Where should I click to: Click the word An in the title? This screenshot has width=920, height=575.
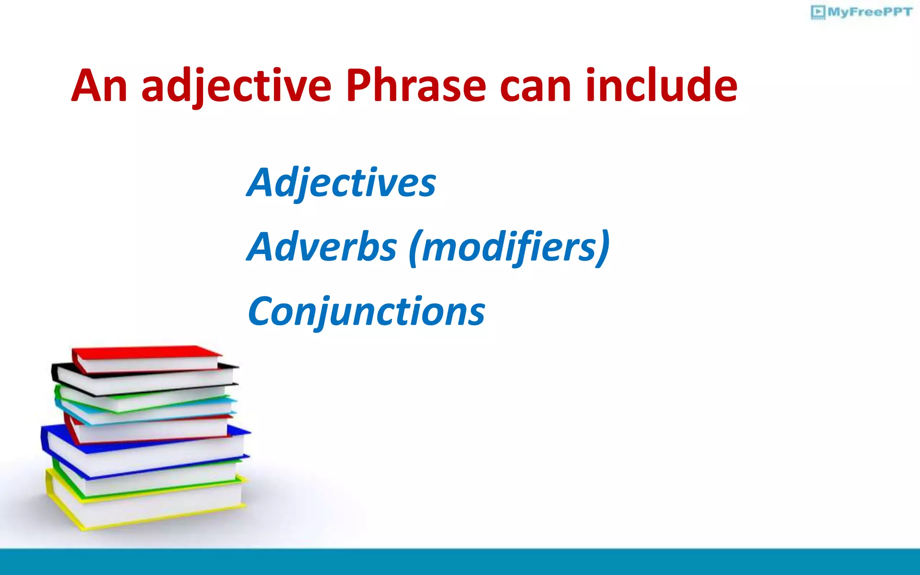coord(99,85)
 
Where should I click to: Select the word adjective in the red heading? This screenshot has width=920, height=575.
coord(236,86)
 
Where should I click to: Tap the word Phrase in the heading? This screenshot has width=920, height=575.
coord(416,85)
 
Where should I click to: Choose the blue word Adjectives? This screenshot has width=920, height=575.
coord(341,182)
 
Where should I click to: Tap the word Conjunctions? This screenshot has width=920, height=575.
coord(366,312)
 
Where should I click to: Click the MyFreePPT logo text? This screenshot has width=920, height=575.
coord(869,12)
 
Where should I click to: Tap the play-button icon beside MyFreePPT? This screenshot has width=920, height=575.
coord(818,12)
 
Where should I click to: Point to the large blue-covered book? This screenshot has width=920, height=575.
coord(144,447)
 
